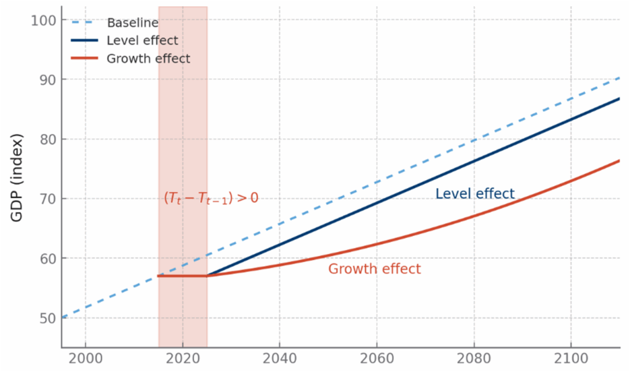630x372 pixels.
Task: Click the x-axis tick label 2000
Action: (x=86, y=358)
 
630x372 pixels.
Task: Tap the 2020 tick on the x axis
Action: (x=183, y=358)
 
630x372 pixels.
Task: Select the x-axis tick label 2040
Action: (x=280, y=358)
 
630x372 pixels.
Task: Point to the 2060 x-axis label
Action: (x=377, y=358)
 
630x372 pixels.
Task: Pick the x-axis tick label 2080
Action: (x=474, y=358)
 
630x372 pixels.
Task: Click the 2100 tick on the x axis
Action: (x=572, y=358)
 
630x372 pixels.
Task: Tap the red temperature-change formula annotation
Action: (x=210, y=198)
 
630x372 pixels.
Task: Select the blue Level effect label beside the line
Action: (x=475, y=194)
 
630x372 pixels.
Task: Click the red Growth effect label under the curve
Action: (x=374, y=269)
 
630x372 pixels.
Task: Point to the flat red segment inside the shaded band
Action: (x=183, y=276)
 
